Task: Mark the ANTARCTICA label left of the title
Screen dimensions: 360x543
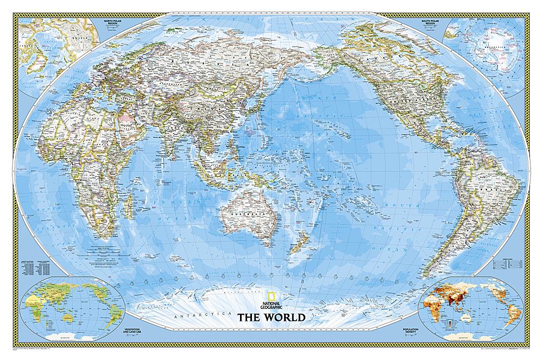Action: pyautogui.click(x=190, y=315)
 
